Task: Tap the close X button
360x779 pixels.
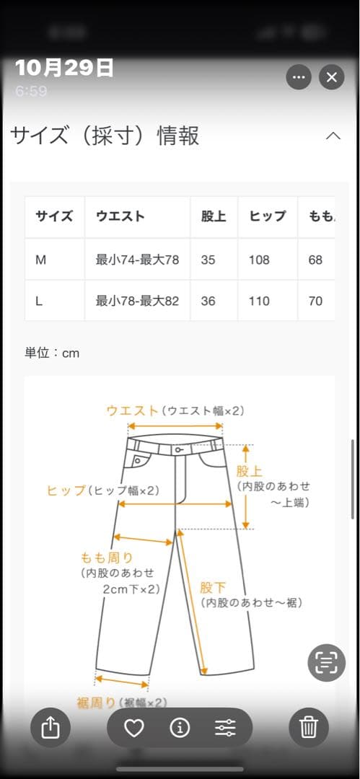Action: (x=331, y=77)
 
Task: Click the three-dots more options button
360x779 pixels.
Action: (x=299, y=77)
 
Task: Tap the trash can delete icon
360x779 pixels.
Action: (x=309, y=728)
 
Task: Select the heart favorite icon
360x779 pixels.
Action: (x=134, y=728)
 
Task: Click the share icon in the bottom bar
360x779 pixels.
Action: (x=51, y=728)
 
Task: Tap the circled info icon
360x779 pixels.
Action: (x=180, y=728)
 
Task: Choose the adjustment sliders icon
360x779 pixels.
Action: (x=225, y=728)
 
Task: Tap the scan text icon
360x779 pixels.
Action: (x=327, y=662)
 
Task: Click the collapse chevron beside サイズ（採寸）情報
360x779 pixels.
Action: (x=333, y=136)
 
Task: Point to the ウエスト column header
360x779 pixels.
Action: (x=120, y=216)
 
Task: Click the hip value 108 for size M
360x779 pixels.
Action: (x=259, y=260)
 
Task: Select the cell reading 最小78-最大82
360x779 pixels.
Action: (x=137, y=301)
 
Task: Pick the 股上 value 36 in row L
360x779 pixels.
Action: (x=208, y=301)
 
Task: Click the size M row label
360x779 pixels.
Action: (x=41, y=260)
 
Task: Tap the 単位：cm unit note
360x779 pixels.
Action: (x=52, y=353)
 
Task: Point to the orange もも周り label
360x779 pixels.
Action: (x=106, y=557)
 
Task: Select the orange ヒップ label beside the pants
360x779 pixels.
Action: (x=66, y=490)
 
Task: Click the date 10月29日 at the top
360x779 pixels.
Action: (x=64, y=68)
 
